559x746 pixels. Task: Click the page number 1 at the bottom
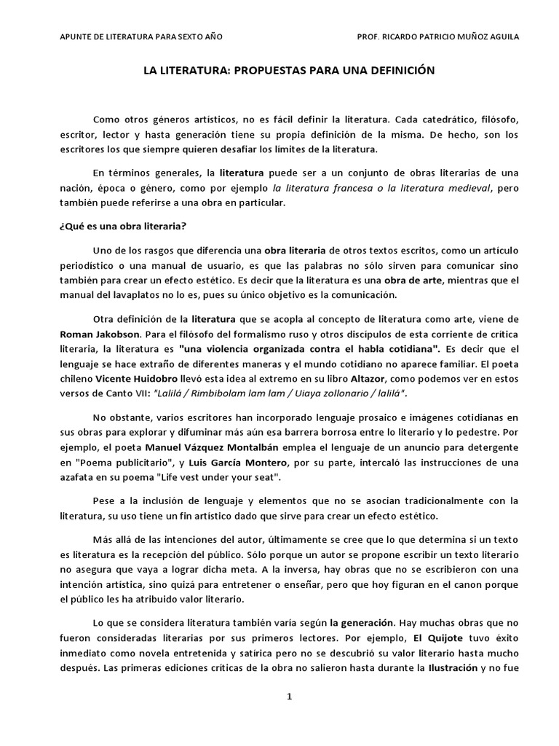(x=289, y=696)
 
